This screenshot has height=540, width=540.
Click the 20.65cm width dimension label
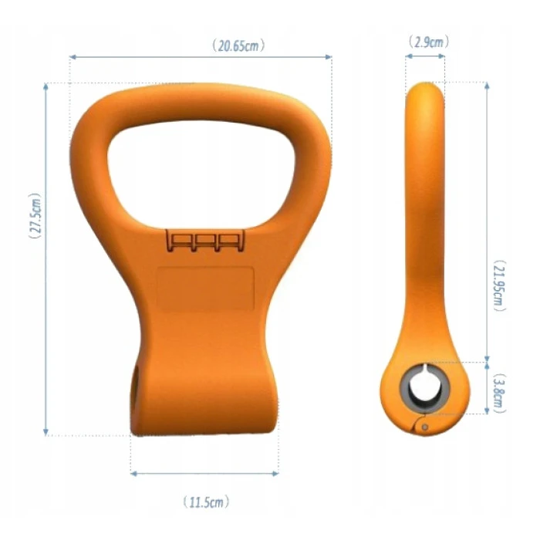click(x=238, y=46)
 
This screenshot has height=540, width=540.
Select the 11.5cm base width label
click(x=206, y=502)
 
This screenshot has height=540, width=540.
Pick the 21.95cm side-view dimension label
click(x=499, y=286)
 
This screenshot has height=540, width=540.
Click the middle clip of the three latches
click(x=204, y=241)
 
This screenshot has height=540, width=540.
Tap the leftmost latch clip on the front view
click(x=181, y=241)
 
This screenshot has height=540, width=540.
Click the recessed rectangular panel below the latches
click(x=205, y=289)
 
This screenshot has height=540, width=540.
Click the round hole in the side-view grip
click(x=424, y=388)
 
